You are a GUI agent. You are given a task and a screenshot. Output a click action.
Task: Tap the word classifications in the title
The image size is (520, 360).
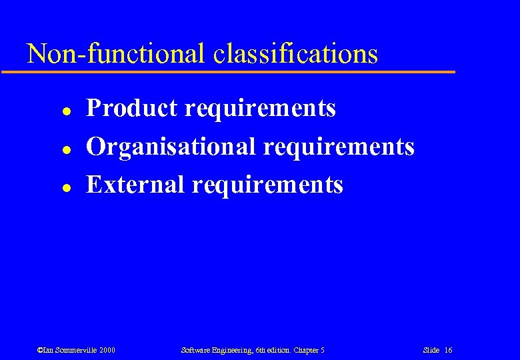(296, 53)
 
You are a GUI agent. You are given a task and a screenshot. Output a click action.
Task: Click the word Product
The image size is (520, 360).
(133, 107)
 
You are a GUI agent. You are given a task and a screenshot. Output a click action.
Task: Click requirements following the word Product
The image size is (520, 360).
(260, 107)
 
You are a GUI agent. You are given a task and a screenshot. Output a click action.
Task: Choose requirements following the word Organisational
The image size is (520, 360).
(338, 146)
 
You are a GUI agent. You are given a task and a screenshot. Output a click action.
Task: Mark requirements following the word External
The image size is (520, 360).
(267, 184)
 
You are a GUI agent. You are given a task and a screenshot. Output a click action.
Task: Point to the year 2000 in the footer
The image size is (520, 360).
(107, 350)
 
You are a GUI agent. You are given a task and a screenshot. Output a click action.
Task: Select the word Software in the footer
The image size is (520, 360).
(195, 350)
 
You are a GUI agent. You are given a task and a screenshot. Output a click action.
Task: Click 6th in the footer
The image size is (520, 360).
(260, 350)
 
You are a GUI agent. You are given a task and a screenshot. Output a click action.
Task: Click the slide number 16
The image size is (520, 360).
(448, 350)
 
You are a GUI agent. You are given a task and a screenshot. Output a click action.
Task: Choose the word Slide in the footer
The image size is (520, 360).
(431, 350)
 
